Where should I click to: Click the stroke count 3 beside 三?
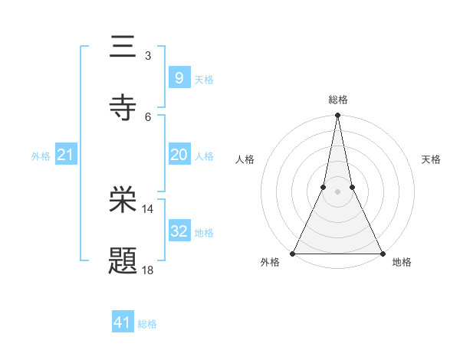(x=147, y=56)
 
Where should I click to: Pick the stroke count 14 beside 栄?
(x=147, y=208)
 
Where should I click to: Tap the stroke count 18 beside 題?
(x=147, y=270)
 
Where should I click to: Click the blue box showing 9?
(x=179, y=78)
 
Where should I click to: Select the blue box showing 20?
(x=179, y=155)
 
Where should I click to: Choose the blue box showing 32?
(x=179, y=231)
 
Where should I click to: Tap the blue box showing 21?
(x=66, y=155)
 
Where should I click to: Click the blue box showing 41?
(x=123, y=322)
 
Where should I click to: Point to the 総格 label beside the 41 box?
(x=147, y=324)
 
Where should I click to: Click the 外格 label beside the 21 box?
(x=41, y=156)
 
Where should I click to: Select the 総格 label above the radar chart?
(x=338, y=100)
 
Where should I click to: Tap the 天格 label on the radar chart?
(x=432, y=159)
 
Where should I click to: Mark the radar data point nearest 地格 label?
(x=382, y=253)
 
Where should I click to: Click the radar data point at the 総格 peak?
(x=337, y=116)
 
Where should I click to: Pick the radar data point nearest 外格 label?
(x=293, y=253)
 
